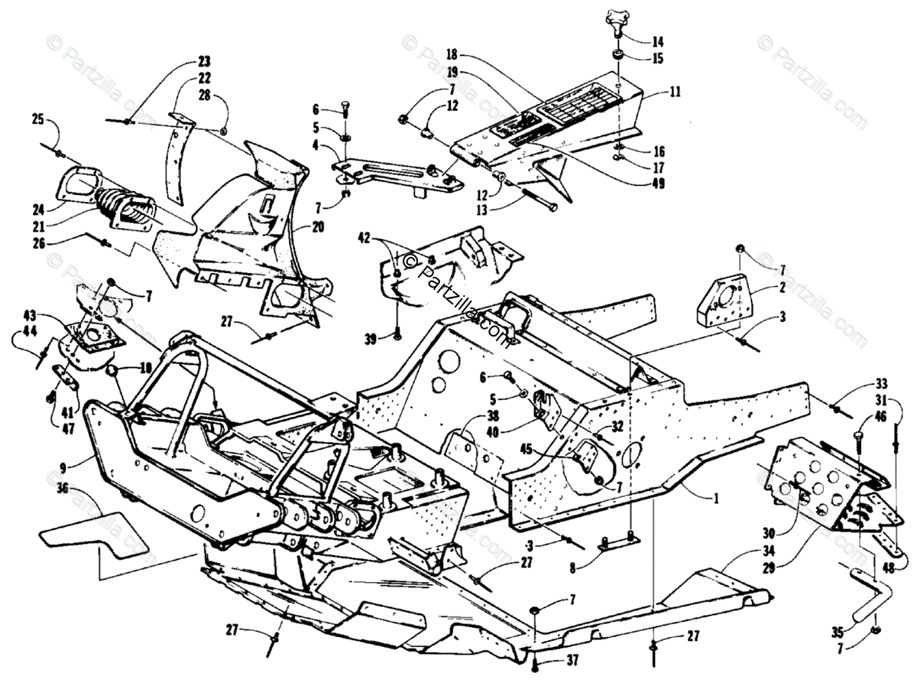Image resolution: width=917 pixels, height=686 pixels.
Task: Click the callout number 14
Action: coord(658,41)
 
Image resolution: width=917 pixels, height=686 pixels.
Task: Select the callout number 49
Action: coord(658,183)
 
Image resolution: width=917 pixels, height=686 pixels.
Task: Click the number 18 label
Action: coord(452,55)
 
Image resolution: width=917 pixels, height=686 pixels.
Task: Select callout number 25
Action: coord(37,119)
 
